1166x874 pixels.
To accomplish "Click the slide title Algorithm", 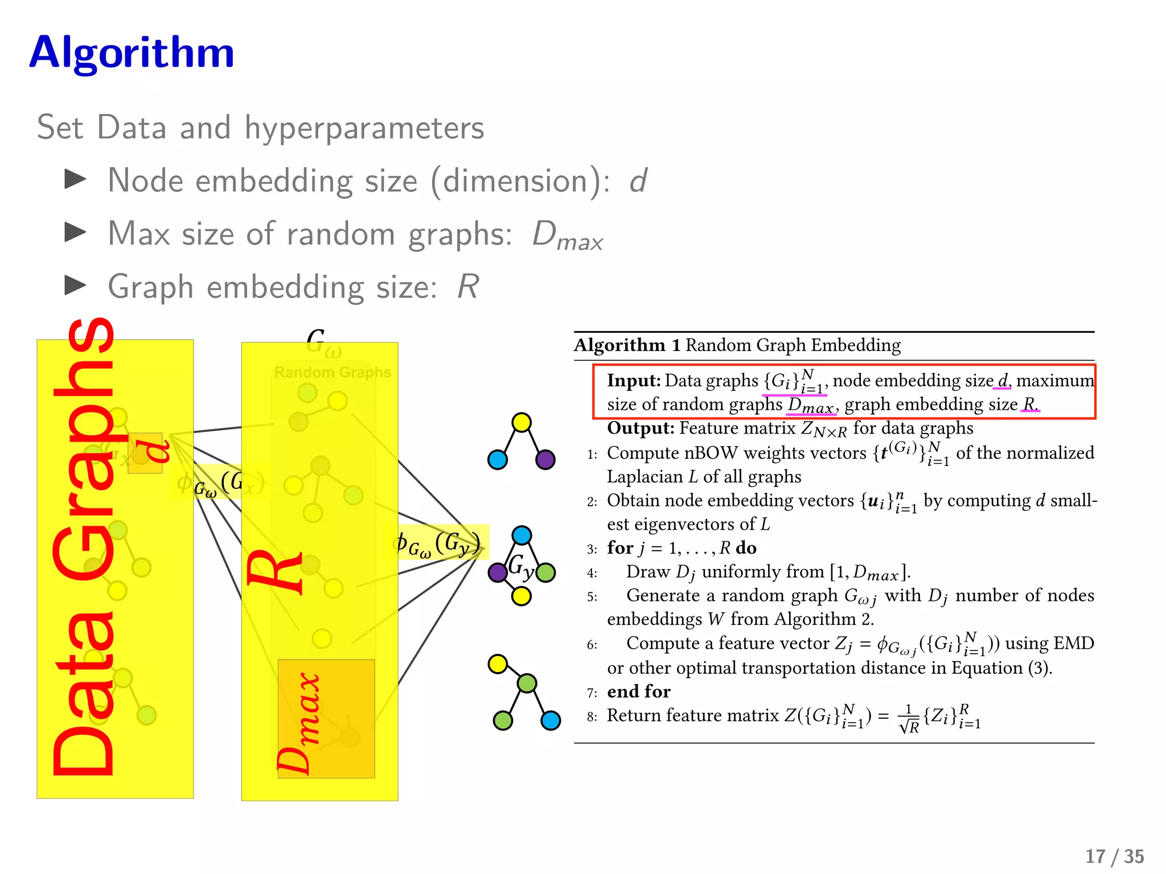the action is tap(132, 52).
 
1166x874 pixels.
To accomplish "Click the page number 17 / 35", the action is tap(1114, 856).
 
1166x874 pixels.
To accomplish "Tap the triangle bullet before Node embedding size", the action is tap(75, 179).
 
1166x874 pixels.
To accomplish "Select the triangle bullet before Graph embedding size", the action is tap(75, 285).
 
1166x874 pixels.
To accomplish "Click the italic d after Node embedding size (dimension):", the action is tap(638, 181).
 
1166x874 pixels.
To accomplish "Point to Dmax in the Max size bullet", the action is tap(567, 236).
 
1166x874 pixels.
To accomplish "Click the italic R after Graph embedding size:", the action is tap(468, 286).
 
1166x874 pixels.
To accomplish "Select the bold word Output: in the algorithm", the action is tap(641, 428).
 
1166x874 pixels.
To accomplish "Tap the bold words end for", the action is tap(639, 691).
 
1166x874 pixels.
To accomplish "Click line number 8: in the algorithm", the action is tap(592, 716).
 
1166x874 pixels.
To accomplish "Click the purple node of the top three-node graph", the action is tap(545, 459).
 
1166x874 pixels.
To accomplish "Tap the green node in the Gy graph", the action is tap(545, 572).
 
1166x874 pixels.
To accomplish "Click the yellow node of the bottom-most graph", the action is tap(498, 663).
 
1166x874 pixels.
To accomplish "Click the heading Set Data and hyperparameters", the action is tap(260, 127).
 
